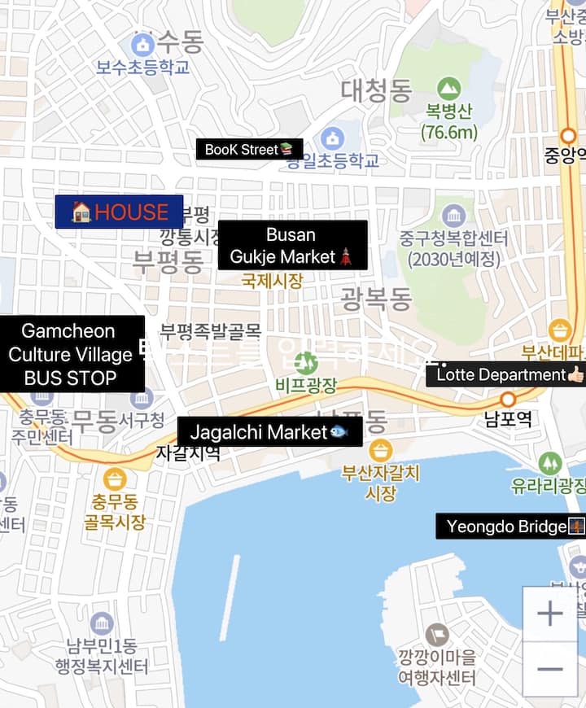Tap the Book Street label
coord(249,149)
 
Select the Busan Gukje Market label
coord(292,246)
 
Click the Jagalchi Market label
coord(269,432)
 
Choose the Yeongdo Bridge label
coord(510,527)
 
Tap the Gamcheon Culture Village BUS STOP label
coord(71,354)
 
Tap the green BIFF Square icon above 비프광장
coord(306,362)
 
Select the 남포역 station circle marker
coord(508,400)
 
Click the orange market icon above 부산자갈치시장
coord(380,450)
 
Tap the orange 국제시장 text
coord(272,282)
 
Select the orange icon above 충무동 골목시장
coord(115,479)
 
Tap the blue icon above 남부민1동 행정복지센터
coord(102,624)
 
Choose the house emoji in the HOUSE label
coord(81,212)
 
